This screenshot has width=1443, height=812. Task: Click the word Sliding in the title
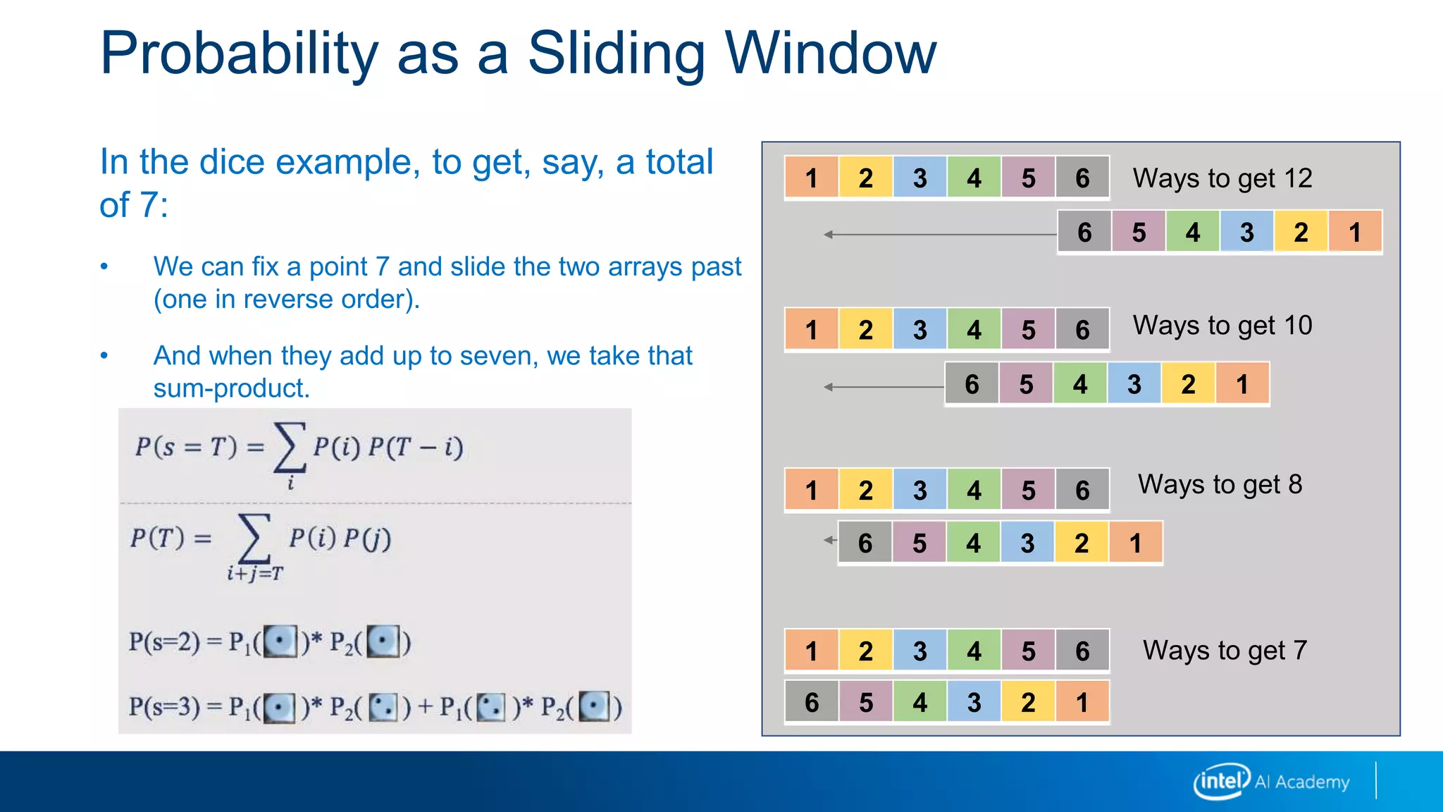(617, 55)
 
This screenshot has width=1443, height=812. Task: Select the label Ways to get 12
(1222, 178)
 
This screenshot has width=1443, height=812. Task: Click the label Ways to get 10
(1222, 326)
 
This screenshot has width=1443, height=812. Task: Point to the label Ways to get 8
(1220, 485)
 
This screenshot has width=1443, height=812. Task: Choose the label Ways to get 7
(1225, 651)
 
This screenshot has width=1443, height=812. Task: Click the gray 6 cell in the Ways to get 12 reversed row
(1084, 232)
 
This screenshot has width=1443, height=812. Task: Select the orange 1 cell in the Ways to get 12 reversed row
(1354, 232)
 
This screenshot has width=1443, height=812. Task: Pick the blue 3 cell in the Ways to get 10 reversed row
(1134, 384)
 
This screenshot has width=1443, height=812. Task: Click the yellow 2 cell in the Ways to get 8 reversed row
(1082, 543)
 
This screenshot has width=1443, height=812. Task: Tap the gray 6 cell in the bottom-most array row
(812, 702)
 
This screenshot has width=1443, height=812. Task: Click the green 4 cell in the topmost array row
(974, 178)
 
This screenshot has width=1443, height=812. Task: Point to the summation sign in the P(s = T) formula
(290, 447)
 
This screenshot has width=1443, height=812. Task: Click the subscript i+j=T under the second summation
(254, 574)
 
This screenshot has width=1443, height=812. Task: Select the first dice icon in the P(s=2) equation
(280, 641)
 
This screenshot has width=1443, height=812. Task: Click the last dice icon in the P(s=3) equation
(595, 706)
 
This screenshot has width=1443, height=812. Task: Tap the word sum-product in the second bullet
(231, 388)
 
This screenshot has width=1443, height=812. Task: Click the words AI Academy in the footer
(1302, 782)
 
